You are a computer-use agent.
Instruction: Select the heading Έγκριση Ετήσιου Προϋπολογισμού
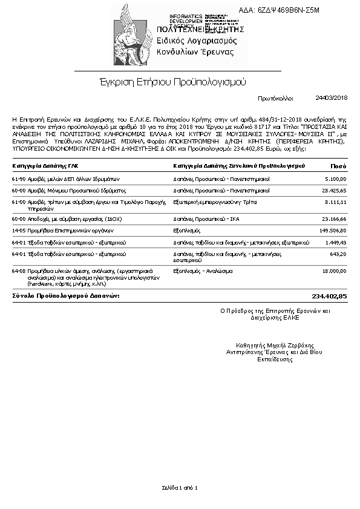pyautogui.click(x=172, y=80)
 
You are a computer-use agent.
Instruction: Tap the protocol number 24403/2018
pyautogui.click(x=332, y=97)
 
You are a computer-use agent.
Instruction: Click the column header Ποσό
pyautogui.click(x=338, y=166)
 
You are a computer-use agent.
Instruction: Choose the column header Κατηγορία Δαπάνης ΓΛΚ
pyautogui.click(x=45, y=166)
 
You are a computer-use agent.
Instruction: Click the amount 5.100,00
pyautogui.click(x=336, y=179)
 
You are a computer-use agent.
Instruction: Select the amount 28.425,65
pyautogui.click(x=335, y=190)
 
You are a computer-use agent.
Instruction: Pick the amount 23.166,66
pyautogui.click(x=335, y=218)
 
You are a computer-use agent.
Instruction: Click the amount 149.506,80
pyautogui.click(x=333, y=231)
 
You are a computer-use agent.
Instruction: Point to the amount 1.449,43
pyautogui.click(x=336, y=242)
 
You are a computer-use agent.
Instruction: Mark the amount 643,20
pyautogui.click(x=338, y=254)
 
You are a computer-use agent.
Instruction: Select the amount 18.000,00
pyautogui.click(x=335, y=271)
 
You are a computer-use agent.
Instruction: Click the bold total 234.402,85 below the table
pyautogui.click(x=329, y=296)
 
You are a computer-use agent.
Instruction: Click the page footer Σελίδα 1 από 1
pyautogui.click(x=180, y=487)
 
